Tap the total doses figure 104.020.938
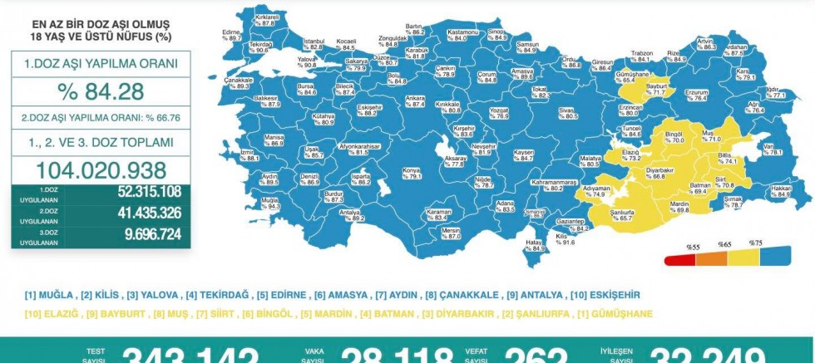tap(101, 170)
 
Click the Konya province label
tap(412, 174)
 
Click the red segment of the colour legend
tap(679, 259)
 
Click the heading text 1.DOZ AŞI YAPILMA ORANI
tap(101, 63)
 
